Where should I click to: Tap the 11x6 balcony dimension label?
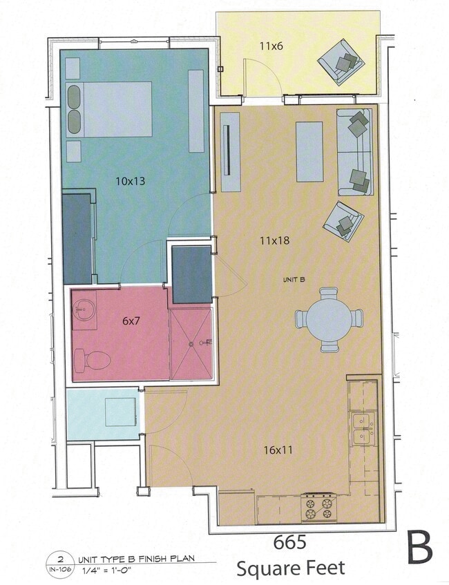click(x=271, y=46)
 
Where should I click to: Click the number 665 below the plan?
click(x=289, y=542)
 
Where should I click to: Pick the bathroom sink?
click(x=84, y=306)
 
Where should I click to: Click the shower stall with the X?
click(x=191, y=343)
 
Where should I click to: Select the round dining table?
click(x=329, y=319)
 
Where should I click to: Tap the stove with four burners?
click(x=318, y=508)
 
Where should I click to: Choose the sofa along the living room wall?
click(x=354, y=151)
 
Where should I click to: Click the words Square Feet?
click(x=290, y=569)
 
